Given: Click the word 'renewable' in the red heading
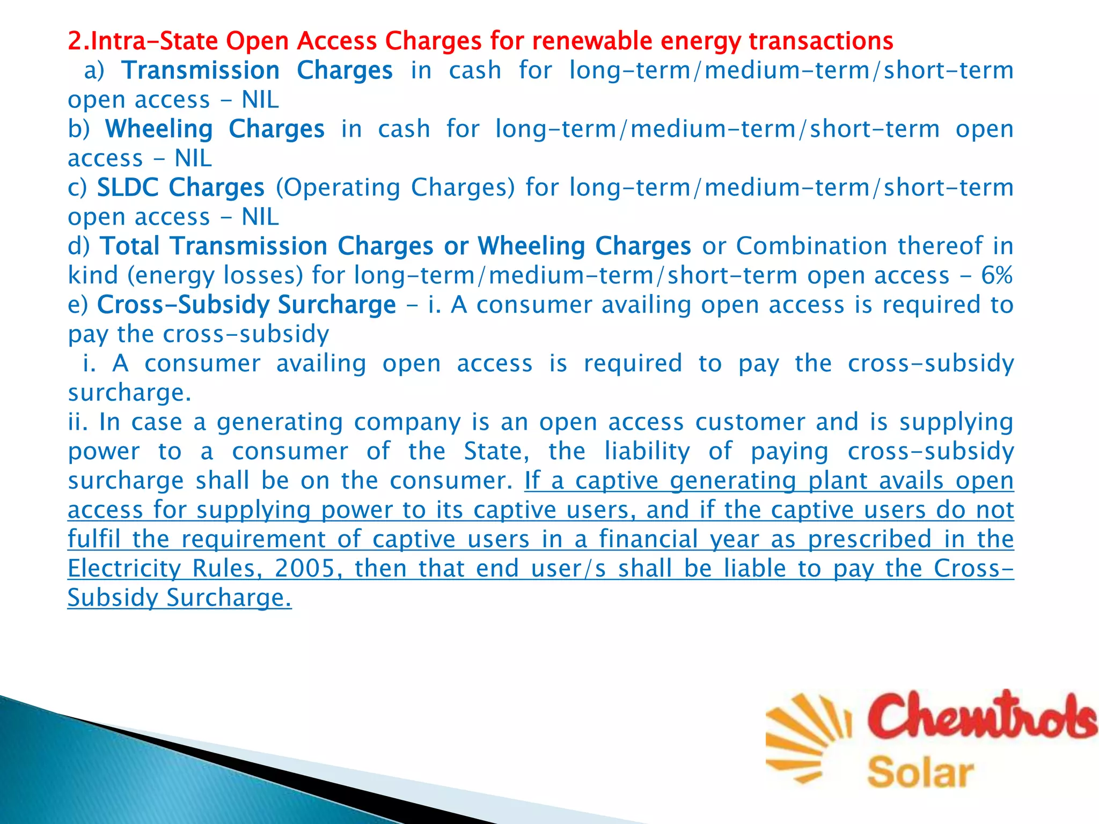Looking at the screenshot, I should [591, 41].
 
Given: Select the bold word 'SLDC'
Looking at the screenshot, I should [128, 188].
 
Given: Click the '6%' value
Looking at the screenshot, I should [997, 276].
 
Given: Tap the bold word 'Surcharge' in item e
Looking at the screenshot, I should [336, 305].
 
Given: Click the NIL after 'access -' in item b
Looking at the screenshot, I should [193, 158].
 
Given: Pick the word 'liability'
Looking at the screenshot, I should [647, 451].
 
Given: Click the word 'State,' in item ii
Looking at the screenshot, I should [497, 451].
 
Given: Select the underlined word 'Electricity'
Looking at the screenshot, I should [124, 568].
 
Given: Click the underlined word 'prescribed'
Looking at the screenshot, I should [870, 539].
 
